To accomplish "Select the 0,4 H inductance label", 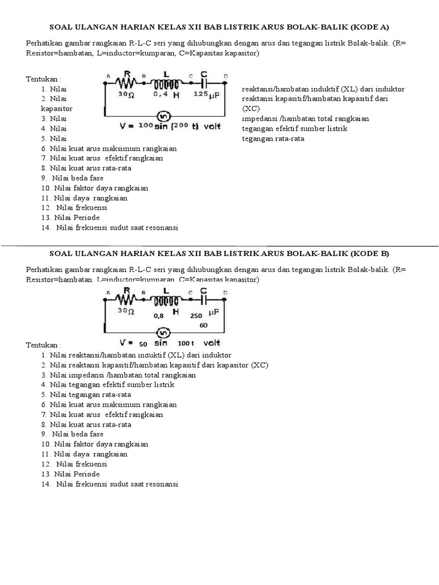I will [x=166, y=95].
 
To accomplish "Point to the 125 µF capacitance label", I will [x=207, y=95].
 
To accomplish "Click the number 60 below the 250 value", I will [x=203, y=325].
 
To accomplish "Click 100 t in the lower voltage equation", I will [x=186, y=343].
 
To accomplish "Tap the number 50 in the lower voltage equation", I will [x=143, y=344].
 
